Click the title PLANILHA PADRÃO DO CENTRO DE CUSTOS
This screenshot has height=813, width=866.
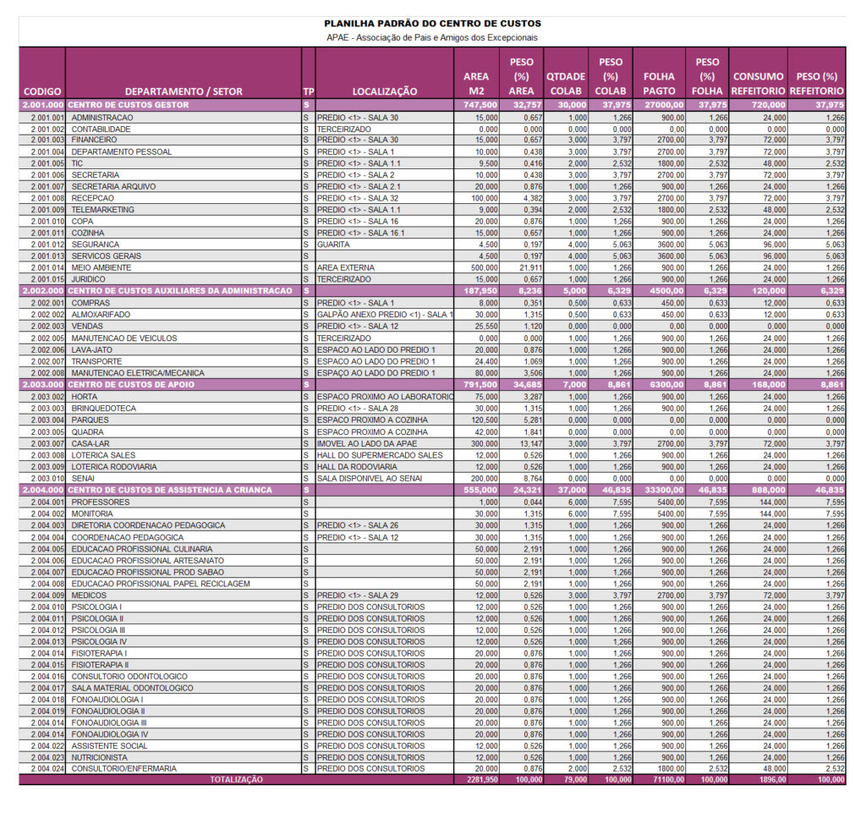[432, 24]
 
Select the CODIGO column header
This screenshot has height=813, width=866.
[41, 91]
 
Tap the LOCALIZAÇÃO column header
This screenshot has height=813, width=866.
[385, 91]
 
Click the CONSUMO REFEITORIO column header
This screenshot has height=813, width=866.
[758, 83]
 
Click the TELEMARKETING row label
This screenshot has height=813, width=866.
[102, 210]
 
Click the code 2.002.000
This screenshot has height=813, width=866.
[41, 291]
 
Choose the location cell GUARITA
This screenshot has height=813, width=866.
[333, 244]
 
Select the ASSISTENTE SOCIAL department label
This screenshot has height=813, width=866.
[109, 745]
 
